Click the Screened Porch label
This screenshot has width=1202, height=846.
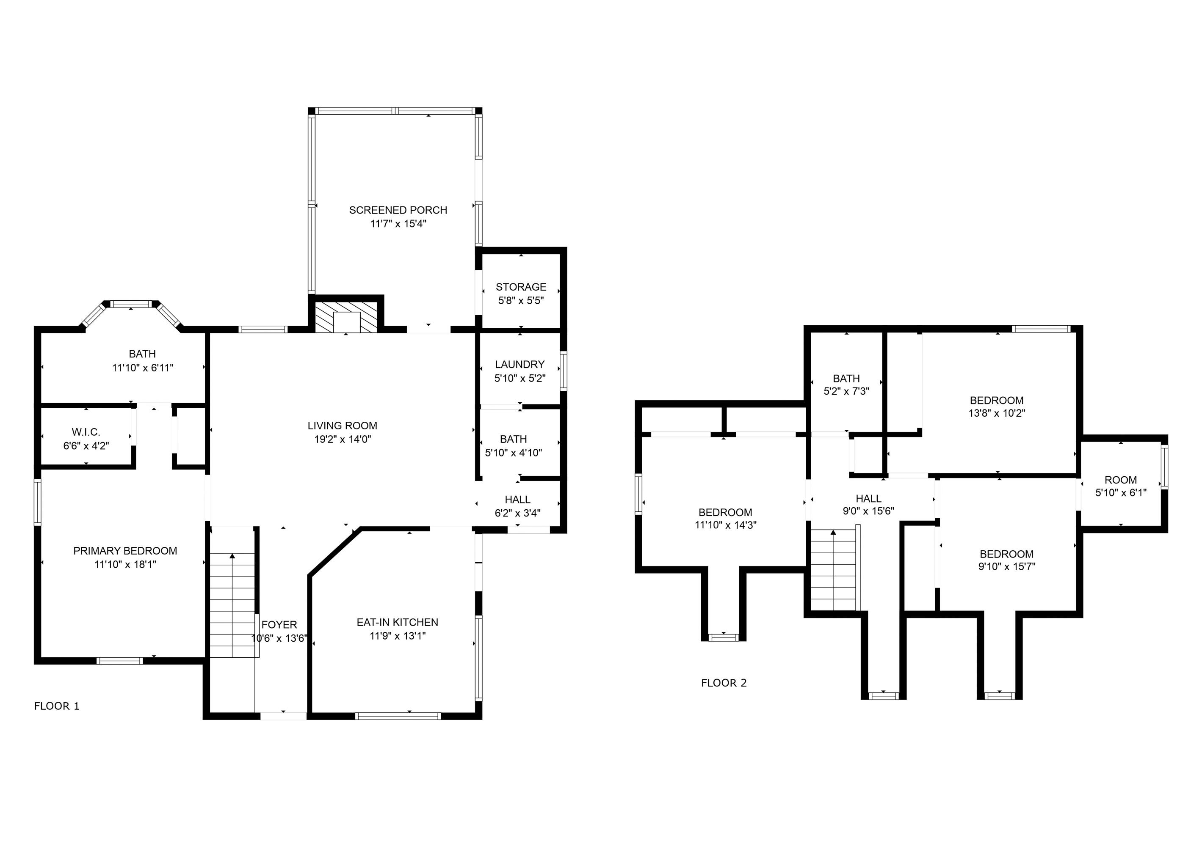(398, 210)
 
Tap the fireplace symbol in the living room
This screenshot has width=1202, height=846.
(346, 316)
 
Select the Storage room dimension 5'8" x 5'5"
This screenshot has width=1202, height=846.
(520, 301)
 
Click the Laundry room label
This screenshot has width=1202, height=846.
(519, 365)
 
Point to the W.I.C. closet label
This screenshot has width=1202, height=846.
(86, 432)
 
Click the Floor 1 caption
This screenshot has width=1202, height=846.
(57, 706)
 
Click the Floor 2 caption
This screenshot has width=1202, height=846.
(724, 683)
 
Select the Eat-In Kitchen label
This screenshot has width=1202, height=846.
(398, 623)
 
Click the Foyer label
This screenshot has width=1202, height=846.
(279, 625)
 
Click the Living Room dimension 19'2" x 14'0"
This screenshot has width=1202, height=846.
(343, 439)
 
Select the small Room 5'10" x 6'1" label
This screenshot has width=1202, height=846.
(1120, 480)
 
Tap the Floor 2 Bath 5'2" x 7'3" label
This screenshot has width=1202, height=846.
(846, 379)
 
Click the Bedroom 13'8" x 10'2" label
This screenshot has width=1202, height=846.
(996, 401)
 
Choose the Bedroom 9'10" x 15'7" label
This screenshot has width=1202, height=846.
(1006, 555)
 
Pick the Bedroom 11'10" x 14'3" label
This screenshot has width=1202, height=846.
(725, 513)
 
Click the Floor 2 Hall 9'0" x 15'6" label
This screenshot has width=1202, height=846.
(868, 499)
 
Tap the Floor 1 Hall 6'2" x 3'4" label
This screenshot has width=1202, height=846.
(517, 500)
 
